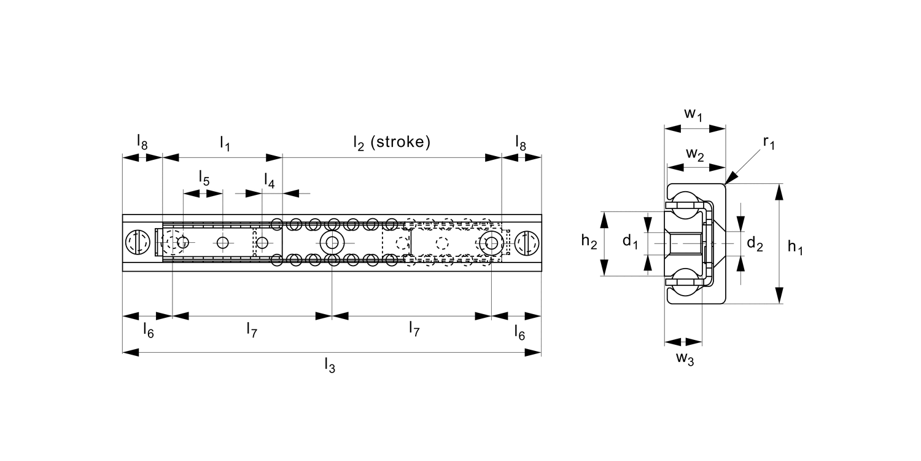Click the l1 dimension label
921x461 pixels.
pos(225,144)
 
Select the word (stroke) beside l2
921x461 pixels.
pos(400,141)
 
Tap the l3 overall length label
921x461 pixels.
pos(330,365)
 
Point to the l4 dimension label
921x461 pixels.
pos(270,180)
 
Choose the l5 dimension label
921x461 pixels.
pos(204,178)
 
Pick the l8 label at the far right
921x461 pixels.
pos(521,143)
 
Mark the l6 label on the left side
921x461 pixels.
pos(149,330)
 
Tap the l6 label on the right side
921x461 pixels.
pos(519,333)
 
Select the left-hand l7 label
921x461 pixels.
pos(252,329)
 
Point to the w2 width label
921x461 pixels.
pos(695,154)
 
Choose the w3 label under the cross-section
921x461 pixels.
pos(685,358)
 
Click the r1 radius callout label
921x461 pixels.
pos(769,143)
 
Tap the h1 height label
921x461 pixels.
pos(795,247)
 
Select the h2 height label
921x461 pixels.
pos(589,241)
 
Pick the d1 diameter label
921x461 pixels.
pos(630,241)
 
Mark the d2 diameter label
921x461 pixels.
pos(755,243)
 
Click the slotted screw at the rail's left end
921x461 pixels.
pos(138,243)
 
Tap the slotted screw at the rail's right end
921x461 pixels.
pos(527,243)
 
